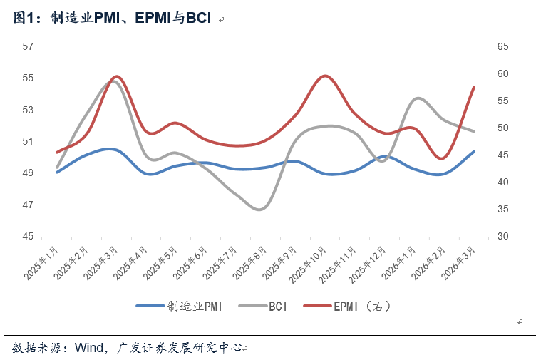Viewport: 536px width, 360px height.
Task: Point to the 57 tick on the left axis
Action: tap(29, 46)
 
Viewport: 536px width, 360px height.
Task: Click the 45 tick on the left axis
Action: tap(29, 237)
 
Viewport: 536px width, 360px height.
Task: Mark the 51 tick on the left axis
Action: tap(29, 141)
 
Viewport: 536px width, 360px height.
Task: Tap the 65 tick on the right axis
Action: tap(502, 46)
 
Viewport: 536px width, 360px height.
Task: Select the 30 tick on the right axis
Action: tap(502, 237)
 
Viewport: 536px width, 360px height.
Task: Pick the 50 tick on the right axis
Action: tap(502, 128)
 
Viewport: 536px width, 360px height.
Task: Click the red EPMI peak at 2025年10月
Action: tap(325, 76)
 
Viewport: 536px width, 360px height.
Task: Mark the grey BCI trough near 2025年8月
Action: tap(259, 209)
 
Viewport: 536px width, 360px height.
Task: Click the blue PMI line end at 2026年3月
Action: tap(474, 152)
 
